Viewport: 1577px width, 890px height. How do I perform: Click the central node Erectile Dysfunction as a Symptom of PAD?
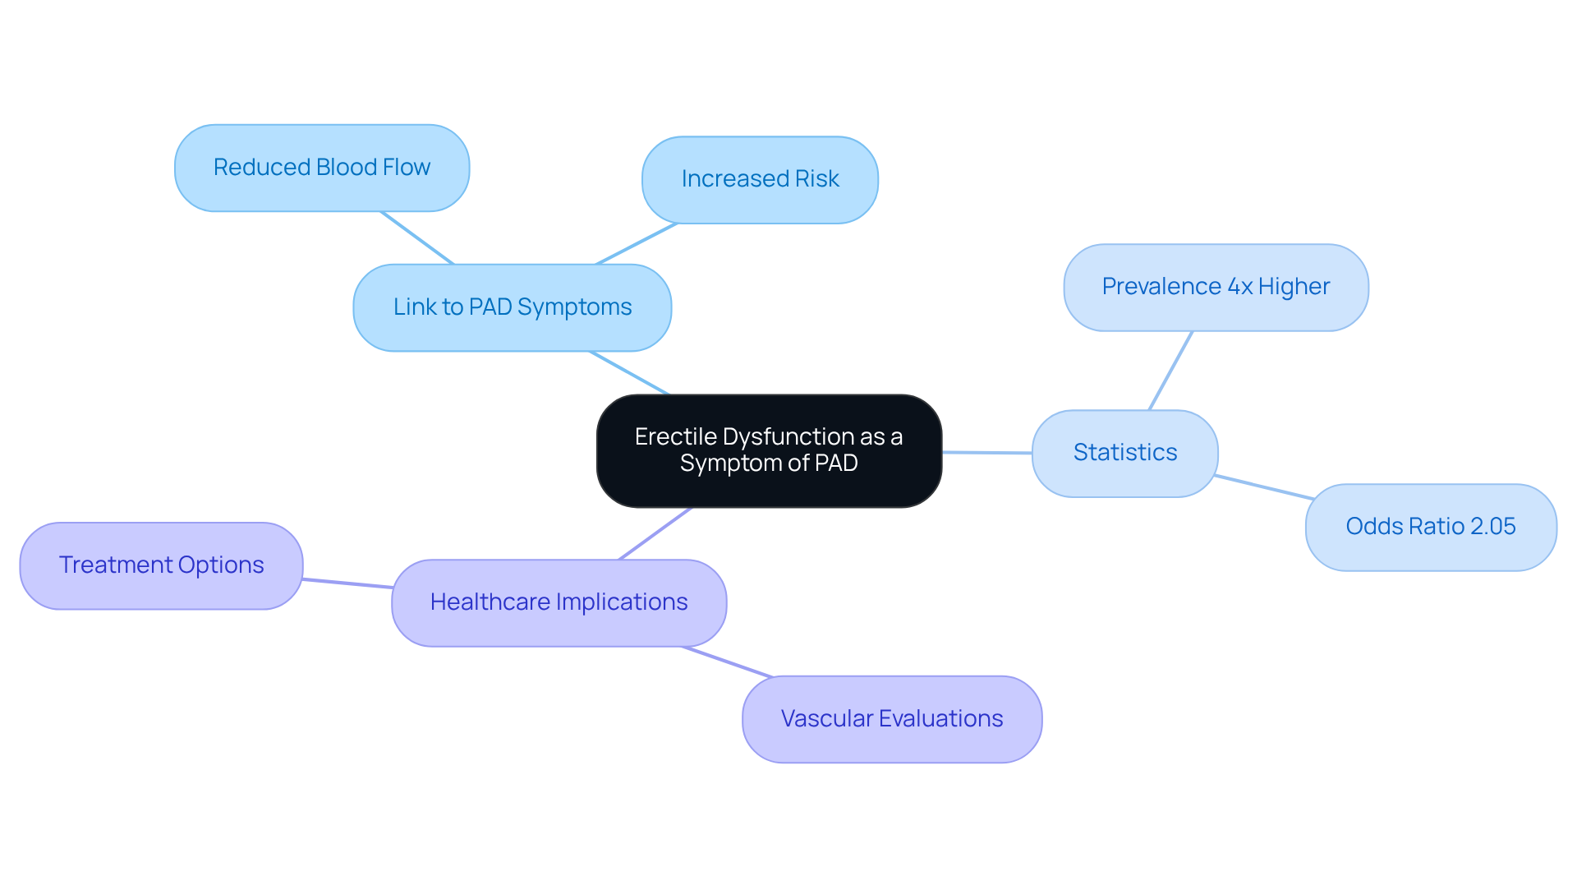pos(769,450)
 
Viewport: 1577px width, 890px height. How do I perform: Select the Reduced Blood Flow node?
pos(322,168)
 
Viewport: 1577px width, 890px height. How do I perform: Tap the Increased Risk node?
pos(760,179)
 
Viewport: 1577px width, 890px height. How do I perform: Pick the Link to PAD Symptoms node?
pos(513,307)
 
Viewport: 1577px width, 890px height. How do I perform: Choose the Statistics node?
pos(1124,453)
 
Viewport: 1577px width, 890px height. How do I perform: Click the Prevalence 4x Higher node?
pos(1216,287)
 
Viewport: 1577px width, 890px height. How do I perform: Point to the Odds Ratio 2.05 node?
pos(1430,527)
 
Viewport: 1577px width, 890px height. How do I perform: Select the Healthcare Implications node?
pos(559,602)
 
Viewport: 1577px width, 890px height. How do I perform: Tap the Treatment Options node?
pos(161,565)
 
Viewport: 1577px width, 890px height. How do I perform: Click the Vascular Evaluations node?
pos(892,719)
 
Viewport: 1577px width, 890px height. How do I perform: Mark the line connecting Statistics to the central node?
pos(986,452)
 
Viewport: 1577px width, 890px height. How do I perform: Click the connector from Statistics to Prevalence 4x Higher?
pos(1170,371)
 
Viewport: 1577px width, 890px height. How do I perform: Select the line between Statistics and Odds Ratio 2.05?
pos(1262,487)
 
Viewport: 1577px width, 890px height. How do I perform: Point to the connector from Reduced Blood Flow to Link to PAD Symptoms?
pos(417,238)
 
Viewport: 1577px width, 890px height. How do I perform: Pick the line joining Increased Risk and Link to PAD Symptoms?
pos(636,244)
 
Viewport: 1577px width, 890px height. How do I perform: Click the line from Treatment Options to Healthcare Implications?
pos(347,583)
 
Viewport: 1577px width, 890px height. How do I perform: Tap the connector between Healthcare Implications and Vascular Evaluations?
pos(728,662)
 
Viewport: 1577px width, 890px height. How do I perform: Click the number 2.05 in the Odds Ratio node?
pos(1492,527)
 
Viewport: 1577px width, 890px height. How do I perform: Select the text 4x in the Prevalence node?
pos(1240,287)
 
